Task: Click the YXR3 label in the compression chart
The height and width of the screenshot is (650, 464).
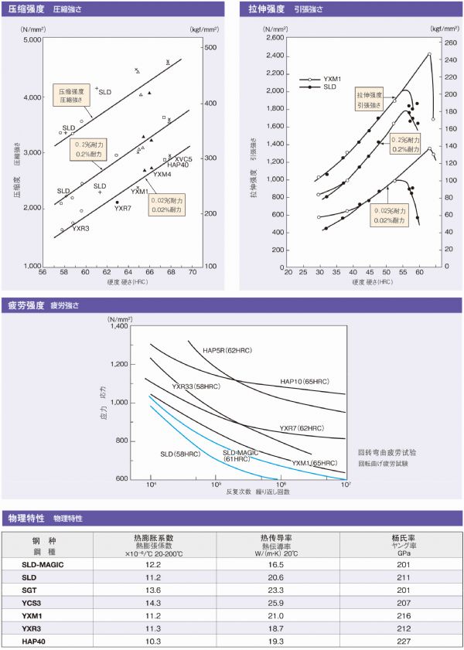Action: pyautogui.click(x=81, y=228)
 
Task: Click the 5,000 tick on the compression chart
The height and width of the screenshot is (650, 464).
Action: pyautogui.click(x=32, y=39)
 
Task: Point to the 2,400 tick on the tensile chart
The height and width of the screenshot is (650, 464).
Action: pyautogui.click(x=275, y=56)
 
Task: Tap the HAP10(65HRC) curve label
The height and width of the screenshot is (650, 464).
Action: pyautogui.click(x=305, y=381)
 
